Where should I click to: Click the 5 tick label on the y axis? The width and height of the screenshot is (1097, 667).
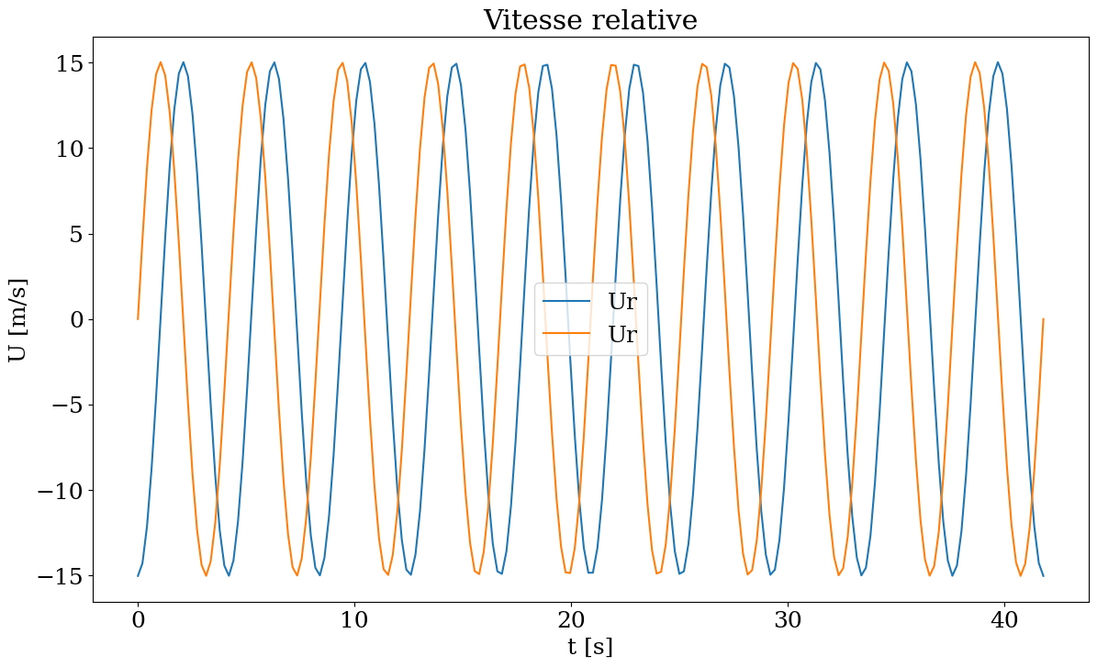73,234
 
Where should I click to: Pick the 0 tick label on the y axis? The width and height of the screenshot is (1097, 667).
73,319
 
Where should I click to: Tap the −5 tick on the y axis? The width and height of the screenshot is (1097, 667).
60,405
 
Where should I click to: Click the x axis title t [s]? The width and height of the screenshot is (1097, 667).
590,647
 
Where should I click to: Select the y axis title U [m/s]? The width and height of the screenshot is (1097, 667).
18,319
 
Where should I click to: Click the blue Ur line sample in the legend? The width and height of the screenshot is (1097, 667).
565,301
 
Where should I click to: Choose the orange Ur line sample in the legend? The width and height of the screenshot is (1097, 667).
565,334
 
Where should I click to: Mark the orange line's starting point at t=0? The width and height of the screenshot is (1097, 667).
138,319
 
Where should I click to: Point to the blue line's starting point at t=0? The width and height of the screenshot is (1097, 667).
138,576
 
